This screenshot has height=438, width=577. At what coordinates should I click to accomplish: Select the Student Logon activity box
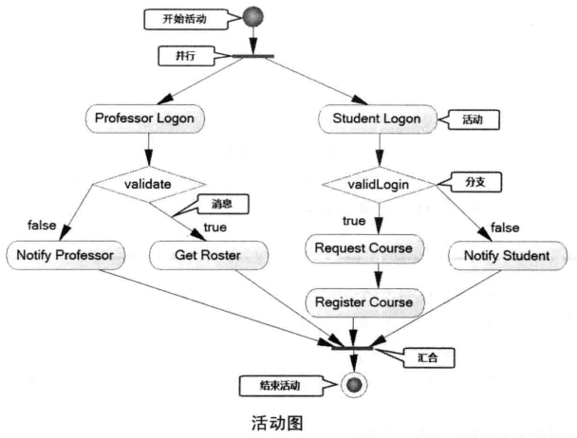tap(379, 120)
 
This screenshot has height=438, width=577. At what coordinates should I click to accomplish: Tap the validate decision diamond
tap(148, 180)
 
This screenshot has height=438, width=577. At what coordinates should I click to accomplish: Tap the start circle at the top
tap(253, 18)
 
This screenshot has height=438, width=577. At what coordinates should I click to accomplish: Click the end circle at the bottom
tap(354, 385)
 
